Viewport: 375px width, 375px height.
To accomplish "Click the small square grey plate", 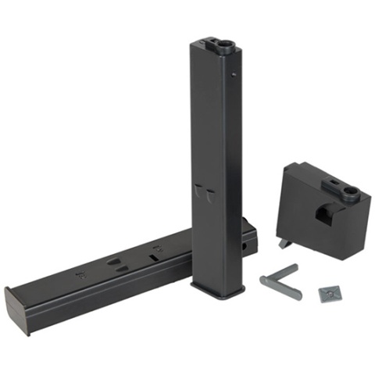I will click(330, 294).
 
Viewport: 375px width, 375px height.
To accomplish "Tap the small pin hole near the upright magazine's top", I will click(235, 75).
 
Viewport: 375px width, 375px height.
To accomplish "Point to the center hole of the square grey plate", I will click(330, 294).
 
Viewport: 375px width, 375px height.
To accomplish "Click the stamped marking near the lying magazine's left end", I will click(80, 274).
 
